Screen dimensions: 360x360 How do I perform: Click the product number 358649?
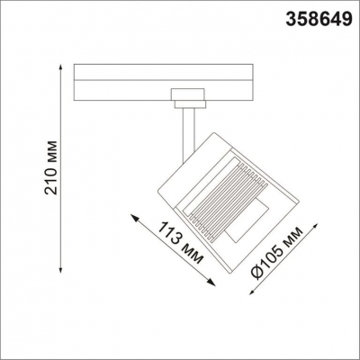(x=321, y=17)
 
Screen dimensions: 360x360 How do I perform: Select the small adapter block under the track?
(x=187, y=96)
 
